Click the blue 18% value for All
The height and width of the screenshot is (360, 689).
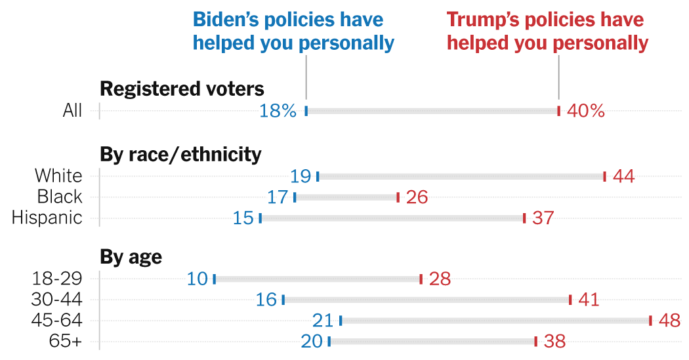coord(278,111)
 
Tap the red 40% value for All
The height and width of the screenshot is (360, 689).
coord(585,111)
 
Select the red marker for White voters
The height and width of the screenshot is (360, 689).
coord(604,176)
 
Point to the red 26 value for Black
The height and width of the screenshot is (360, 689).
coord(417,197)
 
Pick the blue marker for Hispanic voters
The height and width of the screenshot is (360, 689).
coord(261,218)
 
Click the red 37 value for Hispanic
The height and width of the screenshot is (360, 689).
coord(543,218)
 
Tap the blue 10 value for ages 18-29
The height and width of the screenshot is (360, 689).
coord(197,279)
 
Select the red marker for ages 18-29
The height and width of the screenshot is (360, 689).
coord(421,279)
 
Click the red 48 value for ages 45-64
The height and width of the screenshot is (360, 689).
coord(669,321)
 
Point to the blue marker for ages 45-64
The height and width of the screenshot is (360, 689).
coord(341,321)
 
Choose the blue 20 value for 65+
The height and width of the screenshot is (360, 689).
coord(312,342)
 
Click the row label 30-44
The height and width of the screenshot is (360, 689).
coord(57,300)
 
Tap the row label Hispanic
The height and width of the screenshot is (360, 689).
coord(47,218)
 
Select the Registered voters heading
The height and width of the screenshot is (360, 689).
coord(182,88)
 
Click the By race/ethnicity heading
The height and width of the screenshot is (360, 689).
coord(180,154)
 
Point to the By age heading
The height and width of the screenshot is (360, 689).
coord(131,257)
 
